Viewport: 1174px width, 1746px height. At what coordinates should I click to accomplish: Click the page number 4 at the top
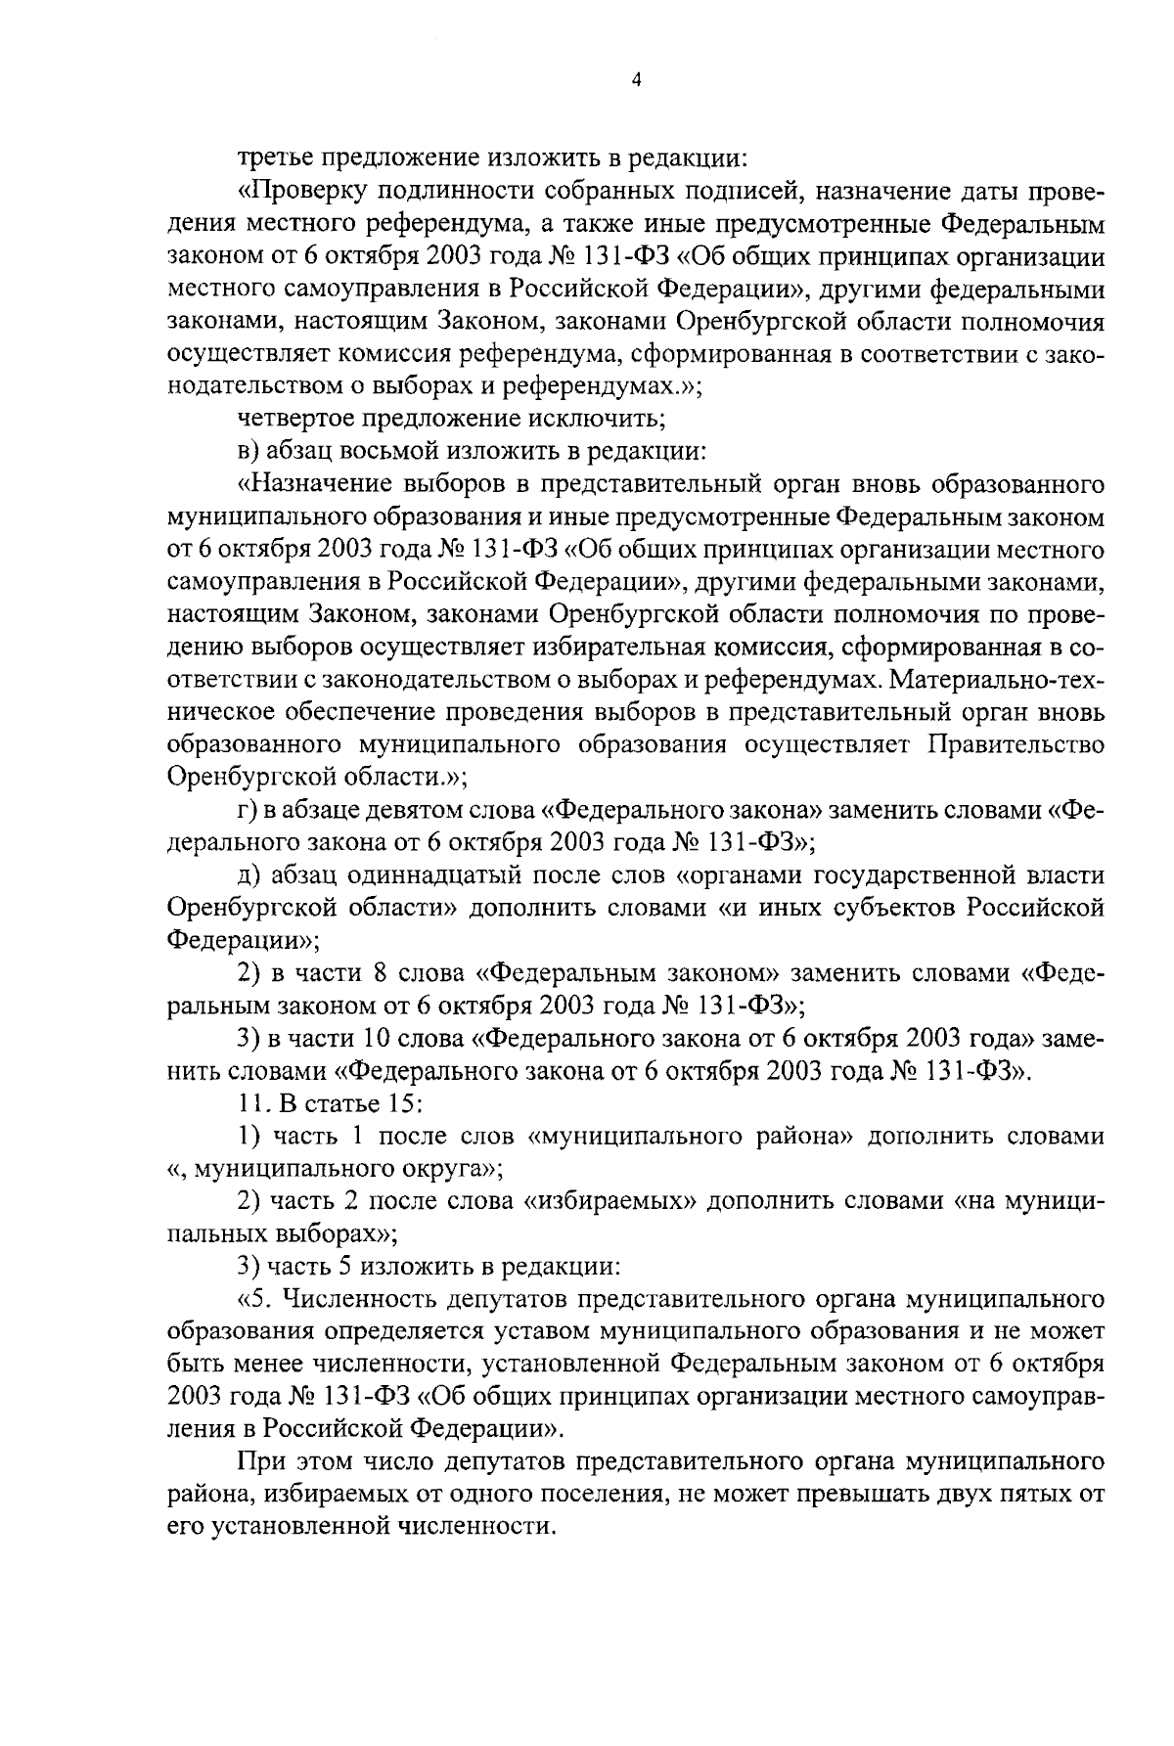[x=637, y=82]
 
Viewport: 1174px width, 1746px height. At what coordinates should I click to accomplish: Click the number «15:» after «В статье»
[x=403, y=1104]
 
